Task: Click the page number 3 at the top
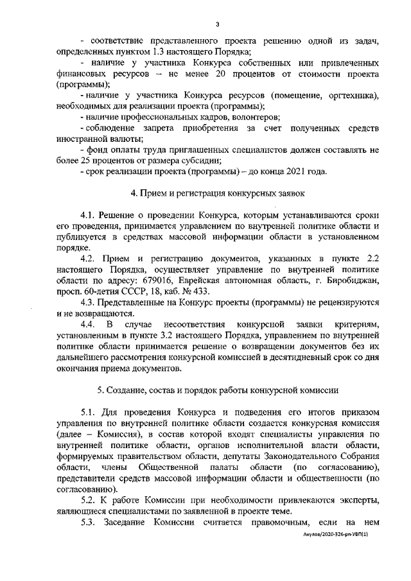[218, 24]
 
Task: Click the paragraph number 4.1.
[89, 214]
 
